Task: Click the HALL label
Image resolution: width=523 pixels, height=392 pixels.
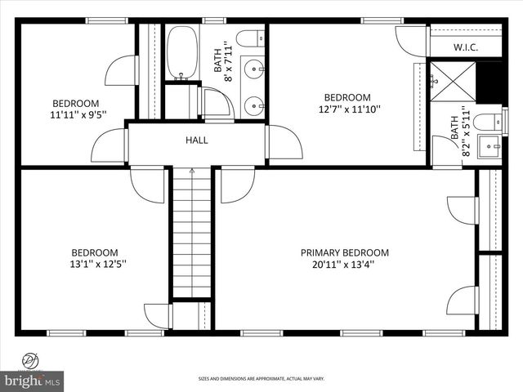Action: coord(196,140)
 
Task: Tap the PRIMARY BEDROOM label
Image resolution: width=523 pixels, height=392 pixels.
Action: coord(344,252)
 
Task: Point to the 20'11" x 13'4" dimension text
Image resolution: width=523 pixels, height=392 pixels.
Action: coord(344,264)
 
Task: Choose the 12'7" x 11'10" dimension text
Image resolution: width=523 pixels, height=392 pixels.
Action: coord(349,109)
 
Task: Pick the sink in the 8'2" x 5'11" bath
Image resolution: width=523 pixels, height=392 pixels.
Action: coord(491,147)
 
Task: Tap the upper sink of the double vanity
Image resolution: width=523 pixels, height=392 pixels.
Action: coord(253,67)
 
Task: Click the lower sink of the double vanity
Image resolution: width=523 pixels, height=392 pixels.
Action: coord(253,105)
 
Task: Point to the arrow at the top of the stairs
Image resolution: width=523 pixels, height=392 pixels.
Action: coord(191,171)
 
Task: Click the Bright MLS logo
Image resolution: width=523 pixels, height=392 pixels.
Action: coord(33,381)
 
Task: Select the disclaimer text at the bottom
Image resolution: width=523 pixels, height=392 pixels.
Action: coord(261,379)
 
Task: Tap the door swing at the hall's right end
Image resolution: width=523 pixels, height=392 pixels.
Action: coord(284,143)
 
